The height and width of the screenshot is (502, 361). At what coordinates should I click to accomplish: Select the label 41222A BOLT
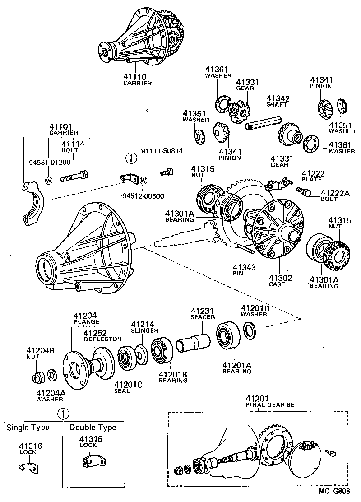[334, 195]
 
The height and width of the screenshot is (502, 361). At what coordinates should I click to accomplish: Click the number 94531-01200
[48, 162]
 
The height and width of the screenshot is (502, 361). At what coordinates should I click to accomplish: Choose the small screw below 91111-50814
[167, 171]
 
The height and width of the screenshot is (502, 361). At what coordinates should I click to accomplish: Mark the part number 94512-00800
[143, 196]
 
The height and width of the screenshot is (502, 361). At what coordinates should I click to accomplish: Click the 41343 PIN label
[244, 270]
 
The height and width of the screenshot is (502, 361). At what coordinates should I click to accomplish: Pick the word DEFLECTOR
[102, 339]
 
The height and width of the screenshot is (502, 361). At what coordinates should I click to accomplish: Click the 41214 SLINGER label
[143, 327]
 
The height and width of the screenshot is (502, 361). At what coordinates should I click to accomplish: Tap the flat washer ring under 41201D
[249, 329]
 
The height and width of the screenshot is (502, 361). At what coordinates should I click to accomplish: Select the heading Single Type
[28, 427]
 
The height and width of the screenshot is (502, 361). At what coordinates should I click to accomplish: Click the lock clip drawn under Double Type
[92, 460]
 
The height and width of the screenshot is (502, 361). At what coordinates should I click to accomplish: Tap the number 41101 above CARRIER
[63, 127]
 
